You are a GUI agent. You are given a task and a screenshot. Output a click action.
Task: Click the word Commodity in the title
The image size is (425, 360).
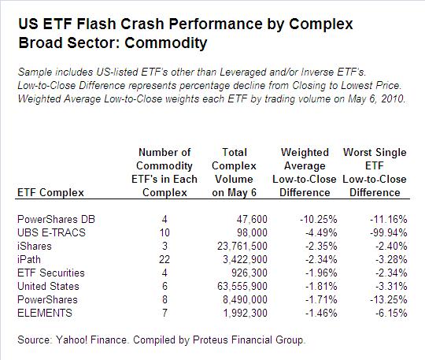coord(166,43)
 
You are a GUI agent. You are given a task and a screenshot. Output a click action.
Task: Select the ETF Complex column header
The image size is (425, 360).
coord(50,193)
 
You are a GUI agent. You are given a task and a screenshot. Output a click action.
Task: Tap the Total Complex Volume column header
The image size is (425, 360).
coord(235,173)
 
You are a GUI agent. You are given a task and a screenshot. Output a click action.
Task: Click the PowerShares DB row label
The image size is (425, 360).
coord(56,219)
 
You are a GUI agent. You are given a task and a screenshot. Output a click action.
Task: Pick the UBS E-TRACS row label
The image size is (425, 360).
coord(51,232)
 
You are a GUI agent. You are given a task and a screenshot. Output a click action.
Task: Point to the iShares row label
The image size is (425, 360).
coord(35,246)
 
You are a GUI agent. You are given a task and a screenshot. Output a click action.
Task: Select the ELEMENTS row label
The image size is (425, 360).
coord(45,313)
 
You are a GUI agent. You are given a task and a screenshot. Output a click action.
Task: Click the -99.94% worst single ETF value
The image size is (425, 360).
coord(389,232)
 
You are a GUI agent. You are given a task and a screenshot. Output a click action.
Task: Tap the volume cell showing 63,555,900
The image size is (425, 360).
coord(242,286)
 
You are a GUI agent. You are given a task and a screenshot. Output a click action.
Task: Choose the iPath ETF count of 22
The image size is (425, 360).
coord(164,259)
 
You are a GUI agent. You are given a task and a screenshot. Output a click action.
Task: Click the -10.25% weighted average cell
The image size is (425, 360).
coord(319,219)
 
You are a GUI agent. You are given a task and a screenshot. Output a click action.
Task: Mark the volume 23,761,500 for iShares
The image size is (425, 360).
coord(242,246)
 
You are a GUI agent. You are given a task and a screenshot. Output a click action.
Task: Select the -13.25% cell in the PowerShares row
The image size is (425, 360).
coord(389,300)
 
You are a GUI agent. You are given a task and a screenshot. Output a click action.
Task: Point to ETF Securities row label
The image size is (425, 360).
coord(51,273)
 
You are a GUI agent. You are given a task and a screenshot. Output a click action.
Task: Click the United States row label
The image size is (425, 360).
coord(48,286)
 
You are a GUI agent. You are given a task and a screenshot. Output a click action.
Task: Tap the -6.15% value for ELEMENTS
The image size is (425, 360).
coord(391,313)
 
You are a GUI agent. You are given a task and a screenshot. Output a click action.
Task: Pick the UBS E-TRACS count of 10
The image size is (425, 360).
coord(164,232)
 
